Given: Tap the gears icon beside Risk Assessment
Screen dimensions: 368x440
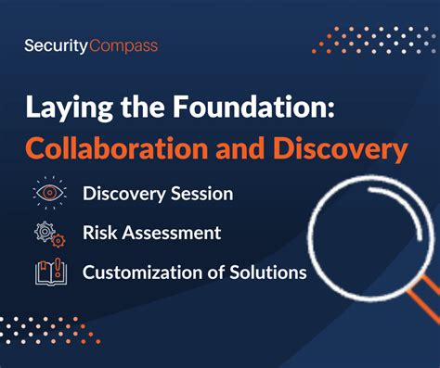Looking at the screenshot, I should tap(50, 233).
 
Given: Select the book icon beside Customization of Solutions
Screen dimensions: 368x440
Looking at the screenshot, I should tap(50, 272).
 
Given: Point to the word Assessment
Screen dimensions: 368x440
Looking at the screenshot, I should tap(171, 234).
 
